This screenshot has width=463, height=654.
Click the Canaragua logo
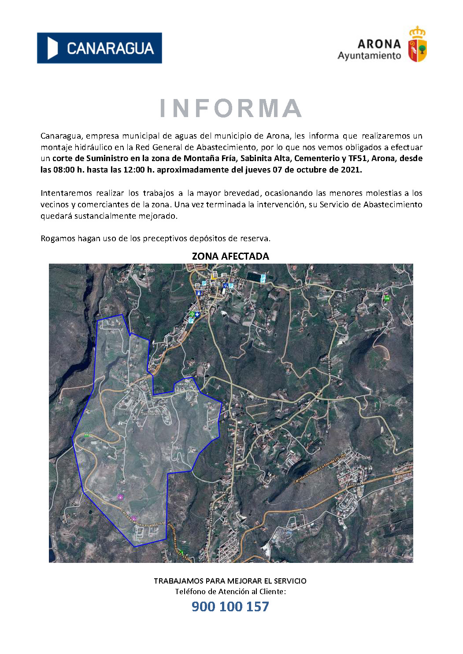pyautogui.click(x=99, y=48)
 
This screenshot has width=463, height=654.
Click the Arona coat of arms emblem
pyautogui.click(x=417, y=44)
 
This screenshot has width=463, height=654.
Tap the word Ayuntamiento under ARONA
pyautogui.click(x=369, y=56)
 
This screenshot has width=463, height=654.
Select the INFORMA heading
pyautogui.click(x=230, y=109)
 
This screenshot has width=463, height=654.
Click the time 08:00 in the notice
pyautogui.click(x=64, y=170)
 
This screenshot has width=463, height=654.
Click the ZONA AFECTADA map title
pyautogui.click(x=230, y=256)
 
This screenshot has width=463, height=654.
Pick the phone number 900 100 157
pyautogui.click(x=230, y=606)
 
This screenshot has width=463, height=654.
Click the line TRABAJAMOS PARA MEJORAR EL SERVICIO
pyautogui.click(x=230, y=581)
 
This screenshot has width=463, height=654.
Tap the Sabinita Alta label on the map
pyautogui.click(x=185, y=384)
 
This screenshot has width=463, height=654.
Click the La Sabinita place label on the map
pyautogui.click(x=220, y=492)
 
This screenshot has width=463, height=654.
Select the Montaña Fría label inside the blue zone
pyautogui.click(x=153, y=414)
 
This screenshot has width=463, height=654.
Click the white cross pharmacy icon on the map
pyautogui.click(x=197, y=314)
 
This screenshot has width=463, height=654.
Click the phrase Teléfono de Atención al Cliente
pyautogui.click(x=230, y=592)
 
